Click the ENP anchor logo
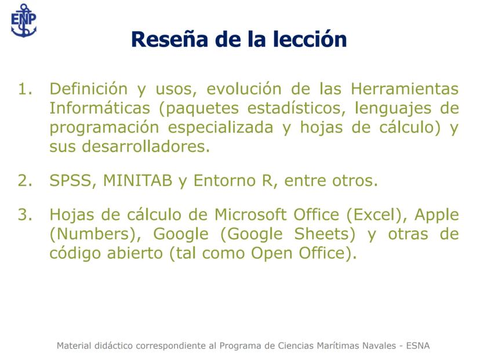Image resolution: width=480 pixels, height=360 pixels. click(24, 20)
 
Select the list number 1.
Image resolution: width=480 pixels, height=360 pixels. click(25, 89)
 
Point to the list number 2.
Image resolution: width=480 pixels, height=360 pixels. click(25, 181)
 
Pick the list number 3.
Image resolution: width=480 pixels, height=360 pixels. click(25, 214)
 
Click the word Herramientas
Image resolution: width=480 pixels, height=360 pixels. click(405, 89)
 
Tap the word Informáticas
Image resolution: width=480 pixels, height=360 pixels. click(100, 108)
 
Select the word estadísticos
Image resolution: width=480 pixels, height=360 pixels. click(296, 108)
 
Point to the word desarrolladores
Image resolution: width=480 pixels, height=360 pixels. click(146, 146)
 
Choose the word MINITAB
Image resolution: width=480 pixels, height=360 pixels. click(138, 181)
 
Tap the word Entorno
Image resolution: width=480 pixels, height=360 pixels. click(224, 181)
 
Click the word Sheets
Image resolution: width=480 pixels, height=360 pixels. click(325, 234)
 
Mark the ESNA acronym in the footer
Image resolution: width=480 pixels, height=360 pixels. click(418, 346)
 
